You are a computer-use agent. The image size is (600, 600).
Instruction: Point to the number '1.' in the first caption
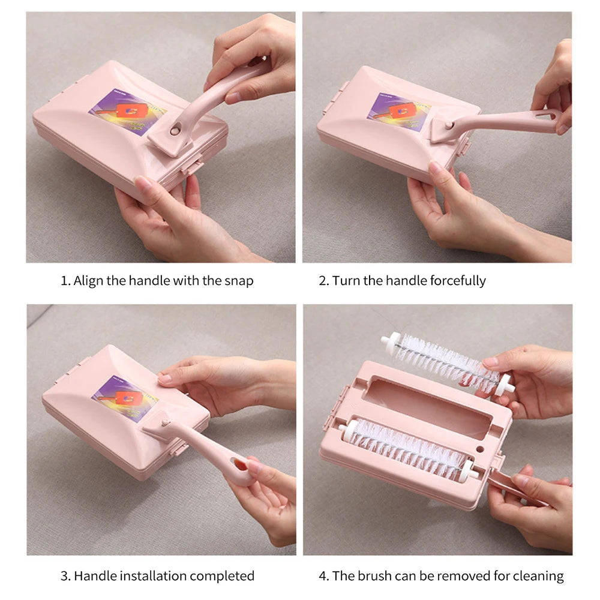click(65, 281)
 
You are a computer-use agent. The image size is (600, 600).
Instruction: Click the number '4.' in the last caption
click(324, 576)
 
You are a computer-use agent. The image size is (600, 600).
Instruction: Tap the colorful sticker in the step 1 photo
click(127, 113)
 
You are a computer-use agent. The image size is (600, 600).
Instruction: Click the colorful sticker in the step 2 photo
click(399, 112)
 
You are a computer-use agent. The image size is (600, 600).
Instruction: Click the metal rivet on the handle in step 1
click(175, 128)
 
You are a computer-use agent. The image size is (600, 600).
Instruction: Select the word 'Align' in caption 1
click(88, 281)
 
